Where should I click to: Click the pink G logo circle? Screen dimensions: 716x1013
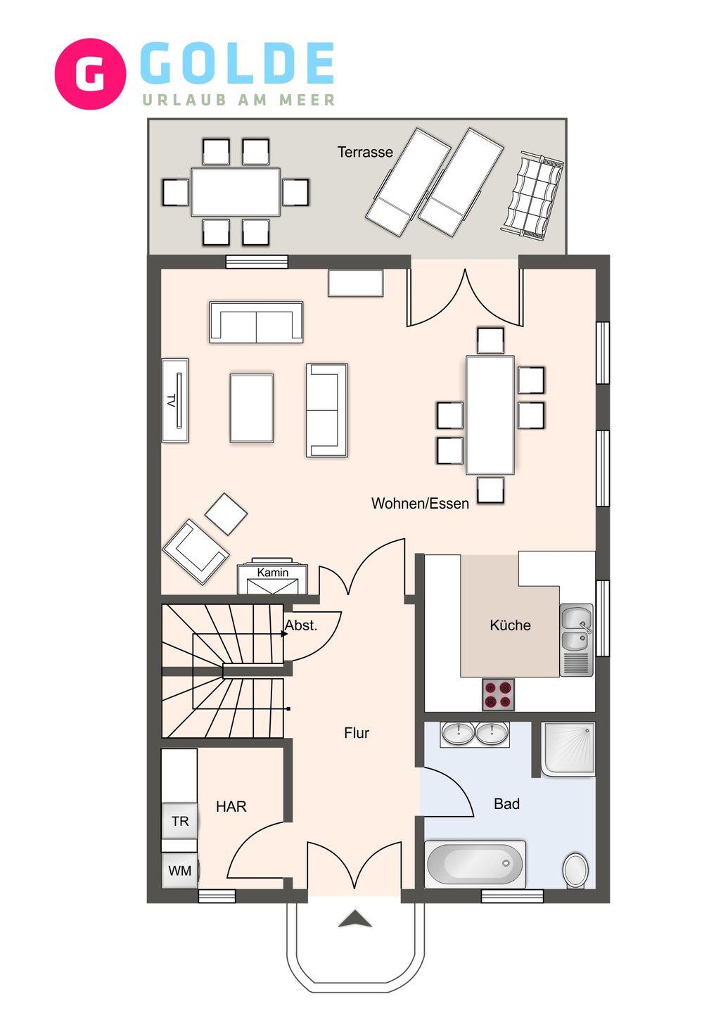coord(91,74)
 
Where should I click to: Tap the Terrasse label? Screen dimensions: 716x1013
coord(365,153)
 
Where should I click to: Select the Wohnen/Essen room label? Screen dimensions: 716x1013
coord(420,504)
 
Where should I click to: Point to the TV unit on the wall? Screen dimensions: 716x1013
coord(175,400)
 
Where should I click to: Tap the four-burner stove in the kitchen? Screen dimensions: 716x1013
coord(498,694)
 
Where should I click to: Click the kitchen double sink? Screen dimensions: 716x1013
coord(576,639)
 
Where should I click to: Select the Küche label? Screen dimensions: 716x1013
coord(510,625)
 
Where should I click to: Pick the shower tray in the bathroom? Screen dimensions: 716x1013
coord(569,749)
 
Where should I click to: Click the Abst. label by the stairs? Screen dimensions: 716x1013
coord(300,625)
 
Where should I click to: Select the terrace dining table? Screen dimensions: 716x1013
coord(236,192)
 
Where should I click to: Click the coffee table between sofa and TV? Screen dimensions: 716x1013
coord(251,408)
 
